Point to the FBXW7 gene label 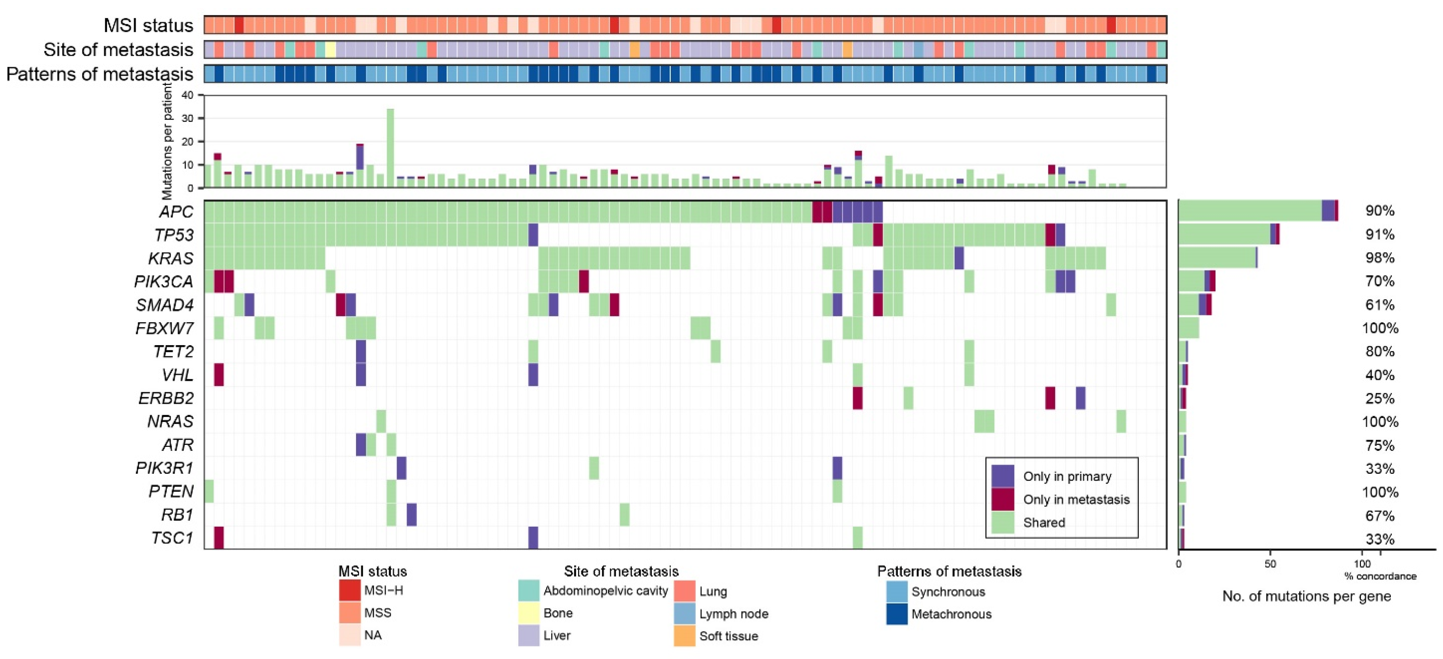tap(164, 328)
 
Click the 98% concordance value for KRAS tap(1380, 258)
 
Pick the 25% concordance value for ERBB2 tap(1380, 398)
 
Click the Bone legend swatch tap(529, 613)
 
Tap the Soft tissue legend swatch tap(684, 635)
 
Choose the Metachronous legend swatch tap(896, 614)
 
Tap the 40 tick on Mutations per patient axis tap(188, 95)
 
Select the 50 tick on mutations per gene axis tap(1270, 564)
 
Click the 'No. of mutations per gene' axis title tap(1306, 596)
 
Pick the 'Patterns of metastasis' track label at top tap(100, 74)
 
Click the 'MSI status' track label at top tap(148, 25)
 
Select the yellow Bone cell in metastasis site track tap(330, 49)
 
